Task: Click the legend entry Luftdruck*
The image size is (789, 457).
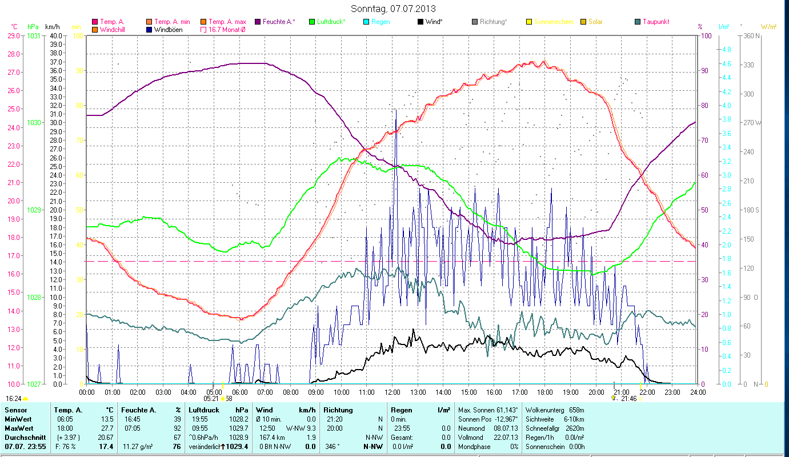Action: [326, 22]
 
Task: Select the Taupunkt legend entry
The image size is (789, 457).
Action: [655, 22]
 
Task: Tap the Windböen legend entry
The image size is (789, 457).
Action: [169, 30]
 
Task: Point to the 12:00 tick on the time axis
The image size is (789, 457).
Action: [393, 392]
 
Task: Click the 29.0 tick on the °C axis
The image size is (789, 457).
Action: [13, 35]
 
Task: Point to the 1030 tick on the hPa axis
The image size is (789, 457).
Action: [34, 122]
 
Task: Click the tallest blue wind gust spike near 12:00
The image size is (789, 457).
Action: [395, 111]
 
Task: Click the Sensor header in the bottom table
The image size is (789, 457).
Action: [15, 410]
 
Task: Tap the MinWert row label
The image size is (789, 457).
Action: [18, 419]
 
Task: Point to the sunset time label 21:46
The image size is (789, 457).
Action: [628, 398]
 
